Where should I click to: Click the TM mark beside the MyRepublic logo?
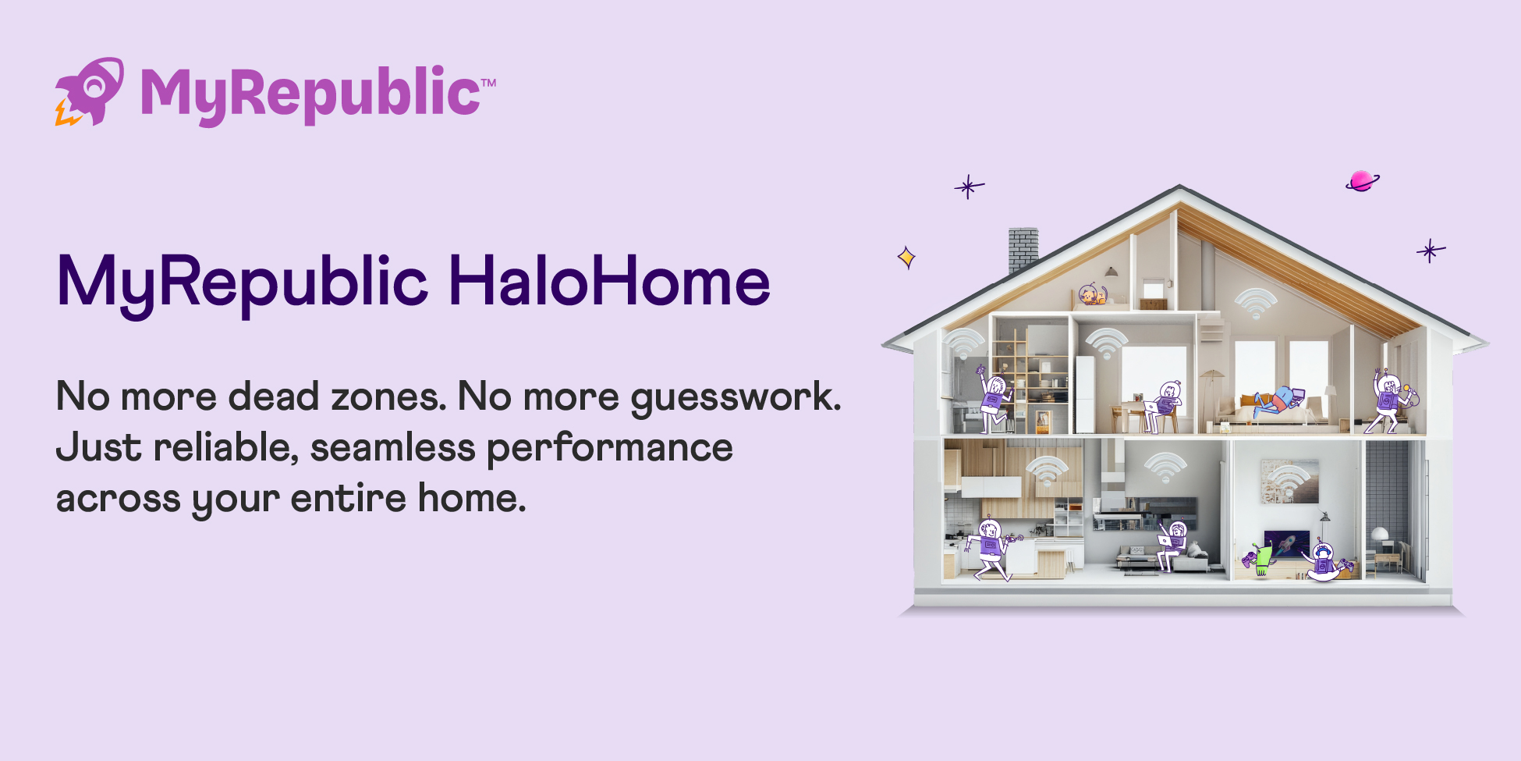click(488, 82)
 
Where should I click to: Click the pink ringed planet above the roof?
click(1361, 181)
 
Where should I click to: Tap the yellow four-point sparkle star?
click(906, 257)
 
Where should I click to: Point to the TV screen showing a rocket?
click(1287, 543)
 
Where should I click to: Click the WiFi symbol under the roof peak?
click(1255, 303)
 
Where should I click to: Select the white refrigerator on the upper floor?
click(1085, 394)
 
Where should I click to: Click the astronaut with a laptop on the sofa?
click(1172, 543)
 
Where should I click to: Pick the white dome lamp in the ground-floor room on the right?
click(1379, 535)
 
